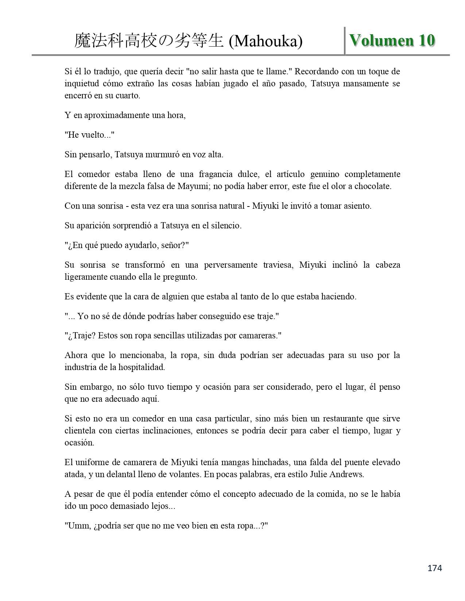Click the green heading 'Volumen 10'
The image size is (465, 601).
(x=392, y=40)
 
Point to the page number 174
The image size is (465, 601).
(x=435, y=568)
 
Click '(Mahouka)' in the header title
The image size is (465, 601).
(x=266, y=42)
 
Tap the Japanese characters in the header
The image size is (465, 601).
(x=149, y=42)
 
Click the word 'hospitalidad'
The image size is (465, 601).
(x=142, y=367)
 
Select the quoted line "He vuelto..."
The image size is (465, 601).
(x=89, y=135)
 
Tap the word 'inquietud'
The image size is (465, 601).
(x=81, y=83)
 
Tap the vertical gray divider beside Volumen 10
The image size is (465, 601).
(x=345, y=40)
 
